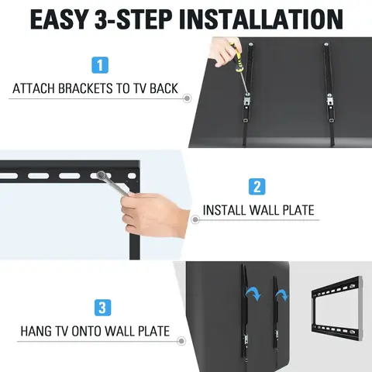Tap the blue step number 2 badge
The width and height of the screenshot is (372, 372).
[x=257, y=186]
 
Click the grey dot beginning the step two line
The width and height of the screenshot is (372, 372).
[x=195, y=220]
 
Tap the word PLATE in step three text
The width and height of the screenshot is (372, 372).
[x=151, y=332]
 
